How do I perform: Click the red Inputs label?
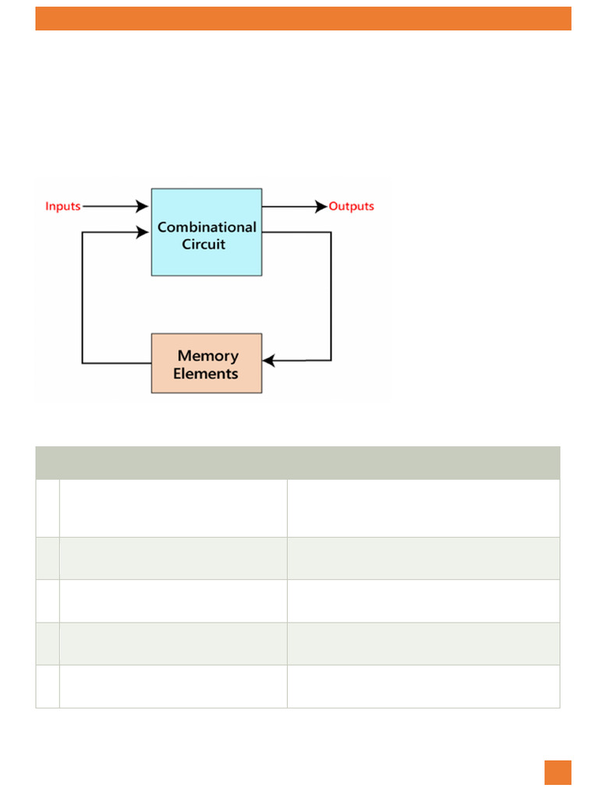coord(62,206)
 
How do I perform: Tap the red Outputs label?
coord(351,206)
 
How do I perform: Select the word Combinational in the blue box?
coord(207,227)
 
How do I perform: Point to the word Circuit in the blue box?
coord(204,244)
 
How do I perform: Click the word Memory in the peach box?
coord(207,356)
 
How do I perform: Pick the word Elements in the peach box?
coord(206,374)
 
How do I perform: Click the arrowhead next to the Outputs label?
coord(321,206)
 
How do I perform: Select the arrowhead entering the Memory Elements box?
coord(269,360)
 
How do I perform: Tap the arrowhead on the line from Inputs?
coord(142,206)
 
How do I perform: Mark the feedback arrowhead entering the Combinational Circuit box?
coord(142,233)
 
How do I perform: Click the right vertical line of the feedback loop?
coord(331,297)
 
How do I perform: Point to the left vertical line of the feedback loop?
coord(83,297)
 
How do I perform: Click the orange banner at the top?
coord(303,19)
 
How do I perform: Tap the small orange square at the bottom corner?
coord(558,772)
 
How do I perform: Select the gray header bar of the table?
coord(297,463)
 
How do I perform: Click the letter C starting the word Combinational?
coord(162,227)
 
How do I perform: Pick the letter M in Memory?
coord(184,356)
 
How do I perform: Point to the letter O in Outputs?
coord(334,206)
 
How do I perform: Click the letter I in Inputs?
coord(47,206)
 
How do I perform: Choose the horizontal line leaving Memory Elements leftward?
coord(117,363)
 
